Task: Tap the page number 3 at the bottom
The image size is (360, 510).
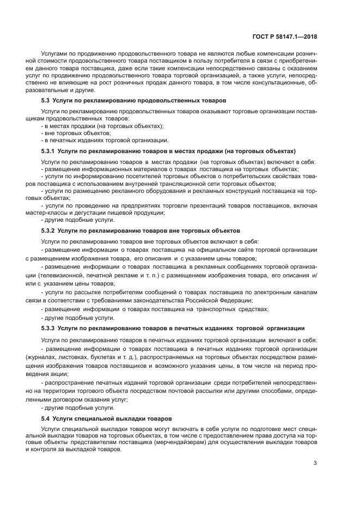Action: [315, 464]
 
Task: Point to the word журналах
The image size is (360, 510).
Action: [58, 355]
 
